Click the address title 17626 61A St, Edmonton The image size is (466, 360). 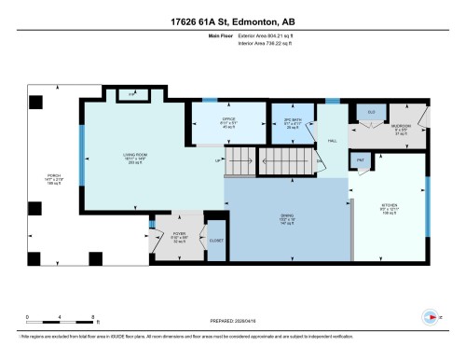(x=232, y=21)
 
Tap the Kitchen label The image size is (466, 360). (x=390, y=210)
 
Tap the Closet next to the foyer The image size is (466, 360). (x=215, y=239)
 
